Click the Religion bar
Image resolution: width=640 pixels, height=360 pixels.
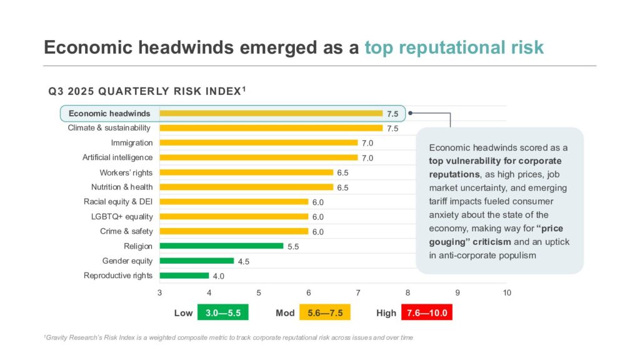click(x=221, y=246)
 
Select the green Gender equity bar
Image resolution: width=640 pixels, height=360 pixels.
click(x=196, y=261)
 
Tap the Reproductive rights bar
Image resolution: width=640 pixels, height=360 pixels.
click(x=184, y=276)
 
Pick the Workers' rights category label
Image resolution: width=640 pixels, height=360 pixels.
click(x=126, y=172)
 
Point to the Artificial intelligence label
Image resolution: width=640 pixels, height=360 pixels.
click(x=117, y=157)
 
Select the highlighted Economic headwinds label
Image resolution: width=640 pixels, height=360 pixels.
click(x=109, y=113)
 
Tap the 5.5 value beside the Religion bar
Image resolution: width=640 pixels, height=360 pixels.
click(x=293, y=247)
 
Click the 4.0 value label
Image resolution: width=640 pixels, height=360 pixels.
click(x=218, y=276)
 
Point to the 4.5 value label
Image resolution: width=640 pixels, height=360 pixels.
click(x=243, y=261)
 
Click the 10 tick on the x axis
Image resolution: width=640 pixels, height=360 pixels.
click(x=507, y=292)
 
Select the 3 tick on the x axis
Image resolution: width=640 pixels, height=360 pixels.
click(x=159, y=292)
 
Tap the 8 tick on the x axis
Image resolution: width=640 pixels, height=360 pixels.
click(x=407, y=292)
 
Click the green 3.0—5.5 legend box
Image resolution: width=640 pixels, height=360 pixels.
click(x=223, y=312)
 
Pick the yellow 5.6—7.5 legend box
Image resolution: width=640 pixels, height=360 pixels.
click(x=325, y=312)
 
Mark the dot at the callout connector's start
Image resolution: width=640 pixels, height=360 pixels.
click(x=411, y=114)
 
